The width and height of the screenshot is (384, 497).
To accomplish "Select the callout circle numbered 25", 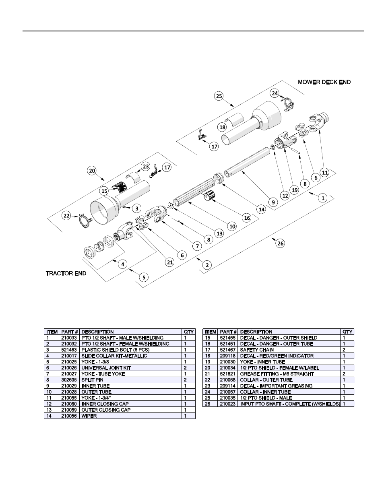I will [x=219, y=96].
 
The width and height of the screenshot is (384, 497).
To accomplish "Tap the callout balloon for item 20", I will [x=92, y=171].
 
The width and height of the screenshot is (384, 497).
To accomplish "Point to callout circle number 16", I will [x=247, y=218].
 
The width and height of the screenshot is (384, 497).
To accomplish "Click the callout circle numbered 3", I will [x=137, y=208].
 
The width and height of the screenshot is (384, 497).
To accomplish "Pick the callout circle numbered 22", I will [x=67, y=216].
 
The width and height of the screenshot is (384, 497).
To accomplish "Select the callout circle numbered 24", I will [x=275, y=93].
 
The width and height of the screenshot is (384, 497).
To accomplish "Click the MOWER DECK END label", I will [x=324, y=82].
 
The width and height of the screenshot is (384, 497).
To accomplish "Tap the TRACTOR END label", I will [x=66, y=274].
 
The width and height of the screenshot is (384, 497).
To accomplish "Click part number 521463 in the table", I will [x=70, y=350].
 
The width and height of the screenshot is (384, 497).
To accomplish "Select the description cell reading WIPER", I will [x=89, y=416].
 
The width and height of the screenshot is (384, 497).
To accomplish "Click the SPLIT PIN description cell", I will [x=92, y=380].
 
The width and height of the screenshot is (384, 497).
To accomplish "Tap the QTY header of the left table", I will [x=189, y=332].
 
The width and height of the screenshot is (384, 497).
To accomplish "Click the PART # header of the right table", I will [x=228, y=332].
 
